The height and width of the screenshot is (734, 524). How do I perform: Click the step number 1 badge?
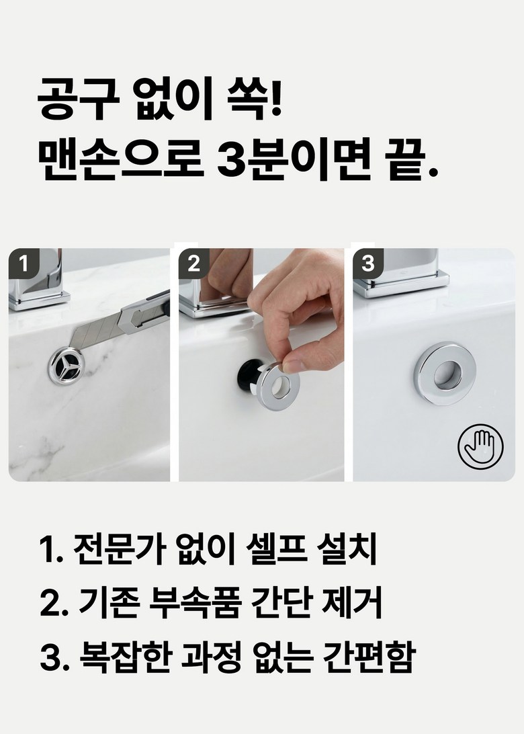click(24, 263)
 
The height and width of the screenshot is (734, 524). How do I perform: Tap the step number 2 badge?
click(193, 263)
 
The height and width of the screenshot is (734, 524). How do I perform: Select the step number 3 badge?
click(368, 263)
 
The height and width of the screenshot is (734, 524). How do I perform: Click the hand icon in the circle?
click(480, 446)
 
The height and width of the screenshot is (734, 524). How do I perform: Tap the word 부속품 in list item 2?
click(196, 602)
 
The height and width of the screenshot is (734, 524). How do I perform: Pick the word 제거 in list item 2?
click(352, 602)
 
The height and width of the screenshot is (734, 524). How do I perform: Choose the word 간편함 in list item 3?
click(369, 656)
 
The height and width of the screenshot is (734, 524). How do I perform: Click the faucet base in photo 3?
click(401, 285)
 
